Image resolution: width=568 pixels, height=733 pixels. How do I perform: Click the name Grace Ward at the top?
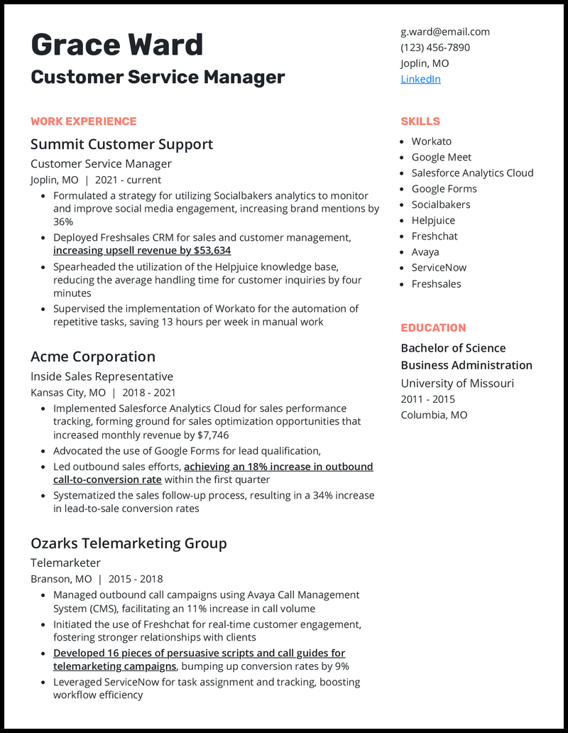pos(117,45)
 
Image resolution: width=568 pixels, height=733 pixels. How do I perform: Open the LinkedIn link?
pos(420,79)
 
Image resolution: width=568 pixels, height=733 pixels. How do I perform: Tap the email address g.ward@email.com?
pos(444,31)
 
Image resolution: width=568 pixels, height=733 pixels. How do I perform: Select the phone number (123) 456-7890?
pos(435,48)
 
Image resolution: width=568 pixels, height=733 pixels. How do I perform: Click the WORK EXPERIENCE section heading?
pos(83,121)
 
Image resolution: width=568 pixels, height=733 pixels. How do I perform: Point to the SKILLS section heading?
pos(420,121)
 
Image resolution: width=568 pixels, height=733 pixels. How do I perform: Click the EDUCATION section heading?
pos(433,328)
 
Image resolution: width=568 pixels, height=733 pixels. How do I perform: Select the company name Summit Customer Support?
pos(121,144)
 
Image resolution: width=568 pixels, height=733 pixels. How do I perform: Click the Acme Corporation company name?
pos(92,357)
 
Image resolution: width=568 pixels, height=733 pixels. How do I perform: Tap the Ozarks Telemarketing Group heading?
pos(129,543)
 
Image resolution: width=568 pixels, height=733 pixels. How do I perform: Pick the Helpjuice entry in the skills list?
pos(433,220)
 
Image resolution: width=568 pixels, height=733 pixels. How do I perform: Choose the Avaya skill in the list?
pos(425,252)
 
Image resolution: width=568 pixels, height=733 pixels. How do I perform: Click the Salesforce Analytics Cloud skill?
pos(472,173)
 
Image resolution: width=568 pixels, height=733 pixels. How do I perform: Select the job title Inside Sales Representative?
pos(102,376)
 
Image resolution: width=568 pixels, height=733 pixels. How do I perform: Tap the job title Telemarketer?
pos(65,563)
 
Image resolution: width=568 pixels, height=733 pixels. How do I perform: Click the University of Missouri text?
pos(457,384)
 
